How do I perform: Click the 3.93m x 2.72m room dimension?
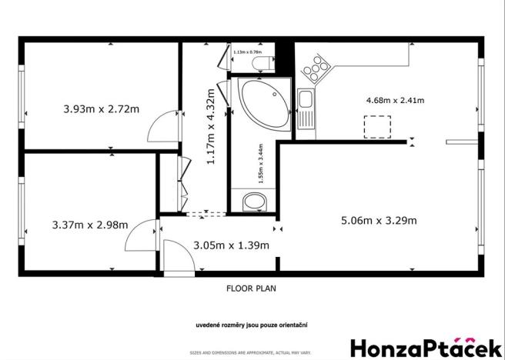(101, 108)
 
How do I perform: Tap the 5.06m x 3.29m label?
(379, 221)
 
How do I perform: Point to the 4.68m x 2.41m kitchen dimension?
(395, 100)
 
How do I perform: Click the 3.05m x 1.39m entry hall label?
(231, 245)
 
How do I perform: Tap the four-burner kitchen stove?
(314, 71)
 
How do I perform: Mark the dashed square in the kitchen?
(376, 126)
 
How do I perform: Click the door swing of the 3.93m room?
(162, 123)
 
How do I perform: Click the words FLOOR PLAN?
(251, 289)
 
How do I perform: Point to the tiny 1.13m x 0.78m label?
(248, 52)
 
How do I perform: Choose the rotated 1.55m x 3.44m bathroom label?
(260, 162)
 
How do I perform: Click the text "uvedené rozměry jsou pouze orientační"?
(251, 325)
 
